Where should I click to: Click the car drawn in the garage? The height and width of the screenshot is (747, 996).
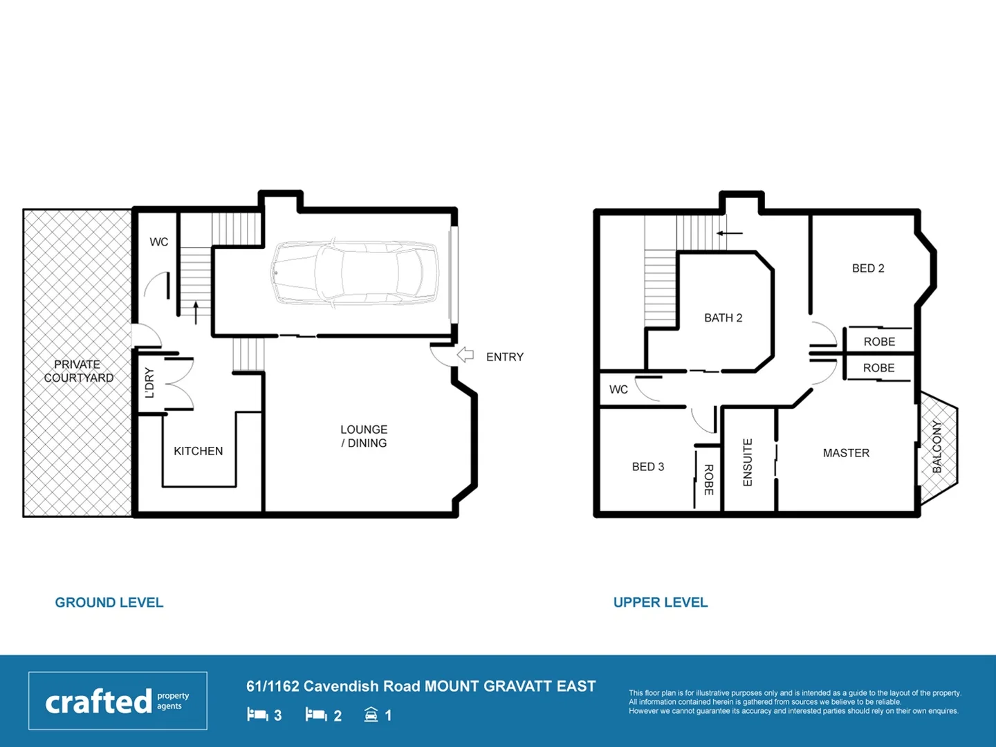(x=355, y=273)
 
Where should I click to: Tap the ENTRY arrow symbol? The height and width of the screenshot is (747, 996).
(x=465, y=356)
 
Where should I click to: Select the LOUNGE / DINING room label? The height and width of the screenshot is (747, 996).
(x=364, y=436)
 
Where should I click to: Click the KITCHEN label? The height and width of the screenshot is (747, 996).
(x=199, y=451)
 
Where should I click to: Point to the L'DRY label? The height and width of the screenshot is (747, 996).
(x=149, y=382)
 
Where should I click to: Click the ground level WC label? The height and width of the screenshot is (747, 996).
(x=159, y=242)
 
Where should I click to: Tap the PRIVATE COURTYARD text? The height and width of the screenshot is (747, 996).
(x=78, y=371)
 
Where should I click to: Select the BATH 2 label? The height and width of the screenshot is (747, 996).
(x=723, y=318)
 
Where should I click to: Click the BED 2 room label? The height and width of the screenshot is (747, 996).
(x=868, y=268)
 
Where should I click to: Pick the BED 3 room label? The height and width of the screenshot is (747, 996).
(x=648, y=467)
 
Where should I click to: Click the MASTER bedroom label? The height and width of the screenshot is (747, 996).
(x=846, y=453)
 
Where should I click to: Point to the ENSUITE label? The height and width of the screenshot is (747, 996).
(x=748, y=462)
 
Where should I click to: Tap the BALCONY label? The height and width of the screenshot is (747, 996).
(x=937, y=447)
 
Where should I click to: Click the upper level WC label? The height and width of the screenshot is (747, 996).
(x=618, y=389)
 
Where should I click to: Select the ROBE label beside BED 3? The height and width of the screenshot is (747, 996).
(x=709, y=479)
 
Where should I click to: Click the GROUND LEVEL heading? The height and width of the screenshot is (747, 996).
(x=109, y=602)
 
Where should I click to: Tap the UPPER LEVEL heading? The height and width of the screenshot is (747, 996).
(x=661, y=602)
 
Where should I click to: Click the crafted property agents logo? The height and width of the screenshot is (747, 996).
(x=118, y=701)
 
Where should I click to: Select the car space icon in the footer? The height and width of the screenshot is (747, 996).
(x=371, y=714)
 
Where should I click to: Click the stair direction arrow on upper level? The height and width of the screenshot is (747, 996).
(x=729, y=233)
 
